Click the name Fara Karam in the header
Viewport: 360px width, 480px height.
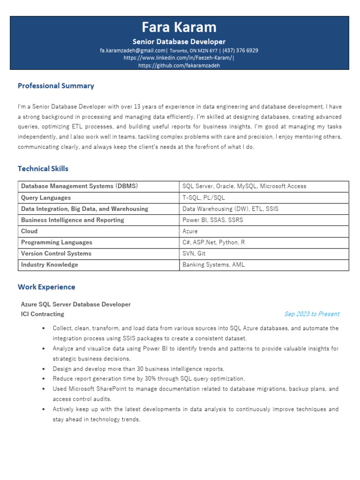(x=180, y=27)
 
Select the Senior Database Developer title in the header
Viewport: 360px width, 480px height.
(x=180, y=42)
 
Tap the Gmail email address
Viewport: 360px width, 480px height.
(x=133, y=51)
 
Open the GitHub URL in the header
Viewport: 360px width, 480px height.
(x=180, y=66)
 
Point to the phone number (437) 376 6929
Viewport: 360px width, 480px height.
(x=240, y=51)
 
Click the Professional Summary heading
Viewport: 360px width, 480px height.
(x=56, y=86)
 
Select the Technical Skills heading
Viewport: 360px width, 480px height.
(x=43, y=168)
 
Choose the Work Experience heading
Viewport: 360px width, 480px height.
(x=46, y=287)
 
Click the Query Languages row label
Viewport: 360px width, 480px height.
(x=46, y=198)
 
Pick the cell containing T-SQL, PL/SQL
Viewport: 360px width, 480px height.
(x=204, y=198)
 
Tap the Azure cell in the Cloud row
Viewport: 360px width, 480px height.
(x=190, y=232)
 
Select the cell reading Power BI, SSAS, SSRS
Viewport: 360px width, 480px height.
(x=213, y=220)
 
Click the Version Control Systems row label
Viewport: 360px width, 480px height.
(x=56, y=254)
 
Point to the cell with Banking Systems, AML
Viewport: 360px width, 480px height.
(x=214, y=265)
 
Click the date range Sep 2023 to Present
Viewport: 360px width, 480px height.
(x=312, y=314)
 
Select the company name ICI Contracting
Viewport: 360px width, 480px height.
(x=43, y=314)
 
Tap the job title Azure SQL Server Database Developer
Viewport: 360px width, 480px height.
(x=76, y=305)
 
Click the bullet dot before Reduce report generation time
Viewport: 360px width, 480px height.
(x=43, y=379)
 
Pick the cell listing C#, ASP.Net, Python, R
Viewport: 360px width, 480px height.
(x=214, y=243)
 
